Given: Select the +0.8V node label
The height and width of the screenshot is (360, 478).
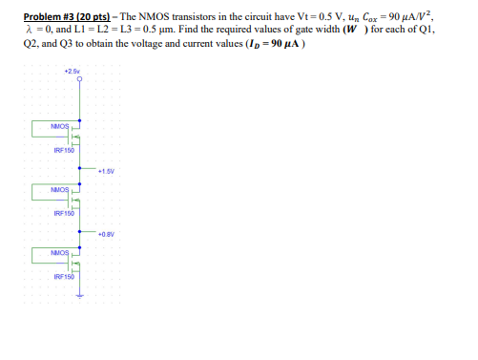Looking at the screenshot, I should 106,232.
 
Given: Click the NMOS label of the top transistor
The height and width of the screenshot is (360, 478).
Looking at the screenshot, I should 59,126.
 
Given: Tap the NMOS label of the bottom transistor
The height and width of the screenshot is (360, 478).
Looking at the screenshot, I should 59,253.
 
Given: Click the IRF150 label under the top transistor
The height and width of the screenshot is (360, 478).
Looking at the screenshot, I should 63,149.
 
